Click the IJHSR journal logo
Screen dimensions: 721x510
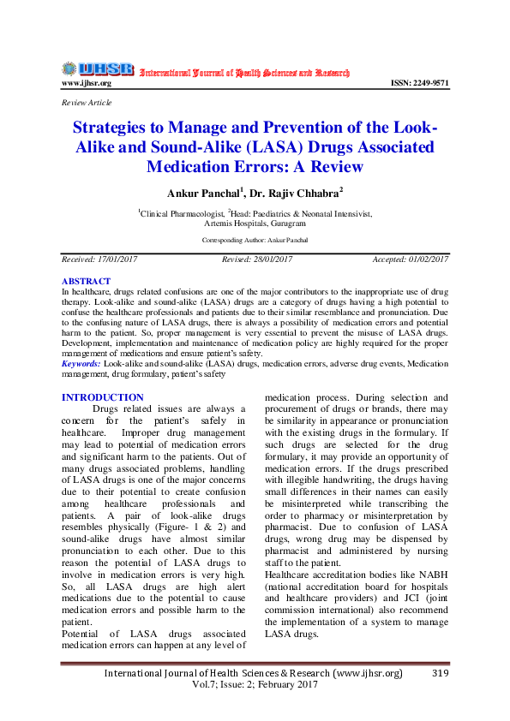tap(98, 69)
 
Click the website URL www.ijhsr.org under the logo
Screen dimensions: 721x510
tap(87, 83)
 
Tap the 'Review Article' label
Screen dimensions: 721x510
tap(87, 103)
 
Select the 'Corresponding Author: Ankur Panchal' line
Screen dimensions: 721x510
tap(255, 241)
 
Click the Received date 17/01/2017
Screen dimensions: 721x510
tap(100, 259)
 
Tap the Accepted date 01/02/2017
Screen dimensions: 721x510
tap(411, 259)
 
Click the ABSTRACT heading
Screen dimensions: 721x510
tap(86, 282)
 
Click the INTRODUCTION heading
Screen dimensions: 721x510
tap(103, 397)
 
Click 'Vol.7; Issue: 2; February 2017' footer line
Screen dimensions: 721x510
tap(255, 685)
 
